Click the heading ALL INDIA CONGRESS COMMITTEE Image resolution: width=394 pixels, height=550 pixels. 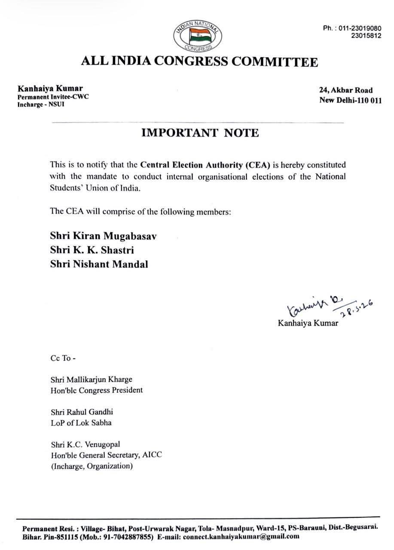tap(200, 61)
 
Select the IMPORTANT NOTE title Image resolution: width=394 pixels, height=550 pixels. tap(200, 133)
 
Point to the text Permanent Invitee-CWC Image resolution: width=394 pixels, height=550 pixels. tap(53, 97)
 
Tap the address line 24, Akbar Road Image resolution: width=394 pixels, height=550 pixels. tap(345, 90)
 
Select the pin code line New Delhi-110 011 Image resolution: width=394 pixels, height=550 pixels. tap(350, 101)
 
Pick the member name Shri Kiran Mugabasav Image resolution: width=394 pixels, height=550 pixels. tap(104, 236)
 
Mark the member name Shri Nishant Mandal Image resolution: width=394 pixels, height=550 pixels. tap(99, 264)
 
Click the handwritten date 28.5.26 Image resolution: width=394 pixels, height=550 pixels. tap(356, 309)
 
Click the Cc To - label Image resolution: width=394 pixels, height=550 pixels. tap(63, 358)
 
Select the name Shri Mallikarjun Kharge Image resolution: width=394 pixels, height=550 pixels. tap(91, 380)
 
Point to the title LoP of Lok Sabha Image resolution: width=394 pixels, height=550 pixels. tap(81, 423)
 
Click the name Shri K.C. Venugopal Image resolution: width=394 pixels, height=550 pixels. tap(85, 444)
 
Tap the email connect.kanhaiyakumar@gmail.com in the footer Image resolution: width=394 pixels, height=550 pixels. tap(241, 537)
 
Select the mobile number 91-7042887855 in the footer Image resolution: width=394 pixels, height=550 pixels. tap(127, 537)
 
